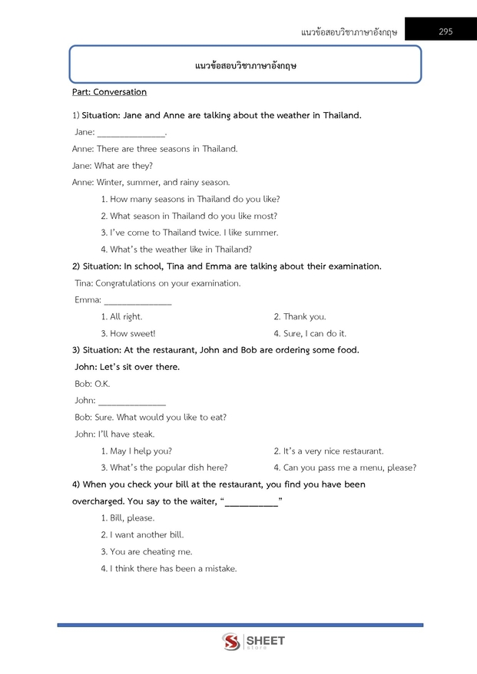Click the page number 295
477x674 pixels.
tap(446, 31)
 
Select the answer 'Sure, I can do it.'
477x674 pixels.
tap(310, 333)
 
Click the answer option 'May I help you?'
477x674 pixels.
tap(136, 451)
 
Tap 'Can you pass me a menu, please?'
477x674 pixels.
tap(345, 468)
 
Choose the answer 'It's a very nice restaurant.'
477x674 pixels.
tap(329, 451)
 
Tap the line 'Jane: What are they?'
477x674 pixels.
tap(112, 165)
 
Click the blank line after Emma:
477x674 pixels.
tap(137, 301)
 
